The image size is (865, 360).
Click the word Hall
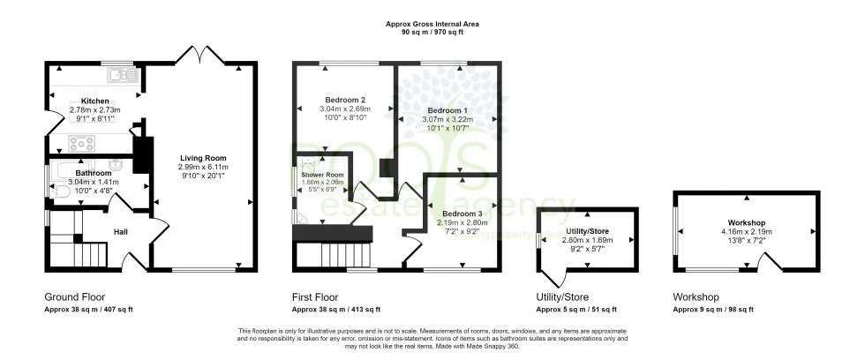pos(121,232)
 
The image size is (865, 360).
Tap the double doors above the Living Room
pos(199,57)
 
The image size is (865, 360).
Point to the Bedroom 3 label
pos(462,214)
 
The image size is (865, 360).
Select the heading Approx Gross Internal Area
pos(432,24)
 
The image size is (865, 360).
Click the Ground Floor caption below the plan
pos(76,297)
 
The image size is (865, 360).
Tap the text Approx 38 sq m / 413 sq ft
pos(336,310)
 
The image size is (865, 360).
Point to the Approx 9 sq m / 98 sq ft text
pos(713,310)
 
